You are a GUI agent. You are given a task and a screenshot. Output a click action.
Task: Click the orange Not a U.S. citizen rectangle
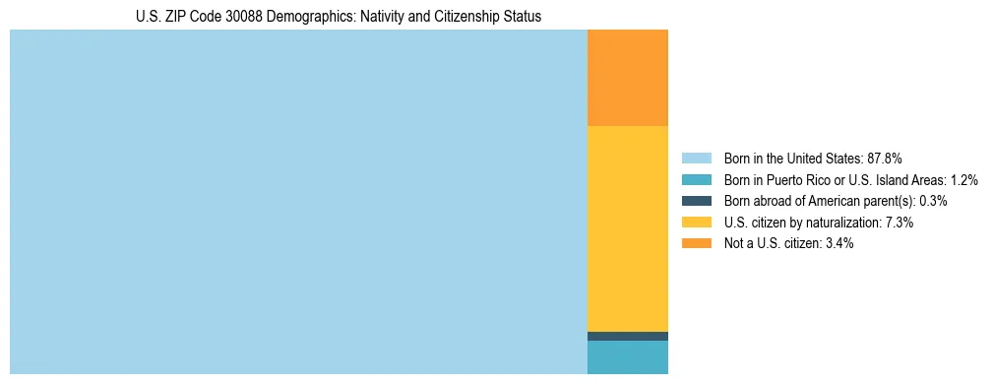click(x=627, y=78)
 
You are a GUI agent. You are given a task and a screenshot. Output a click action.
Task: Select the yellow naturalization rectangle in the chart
click(x=627, y=228)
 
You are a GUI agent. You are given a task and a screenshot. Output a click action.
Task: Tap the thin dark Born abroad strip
click(x=627, y=336)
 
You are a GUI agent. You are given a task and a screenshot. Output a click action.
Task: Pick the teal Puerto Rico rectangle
click(x=627, y=357)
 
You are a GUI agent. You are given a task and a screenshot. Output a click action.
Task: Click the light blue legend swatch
click(x=696, y=159)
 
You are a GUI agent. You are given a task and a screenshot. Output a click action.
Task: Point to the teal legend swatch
click(x=696, y=180)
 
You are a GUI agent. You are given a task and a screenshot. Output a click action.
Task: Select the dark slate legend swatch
click(x=696, y=201)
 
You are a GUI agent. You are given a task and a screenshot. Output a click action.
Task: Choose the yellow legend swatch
click(x=696, y=223)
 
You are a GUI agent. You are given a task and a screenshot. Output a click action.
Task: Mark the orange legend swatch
click(x=696, y=244)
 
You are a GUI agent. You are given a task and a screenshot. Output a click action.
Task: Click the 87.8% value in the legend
click(x=885, y=159)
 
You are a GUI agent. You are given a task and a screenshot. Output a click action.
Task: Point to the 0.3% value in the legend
click(x=933, y=201)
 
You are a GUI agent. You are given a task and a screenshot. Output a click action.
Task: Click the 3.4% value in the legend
click(x=837, y=244)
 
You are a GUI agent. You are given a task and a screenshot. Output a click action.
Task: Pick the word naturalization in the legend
click(x=837, y=223)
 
